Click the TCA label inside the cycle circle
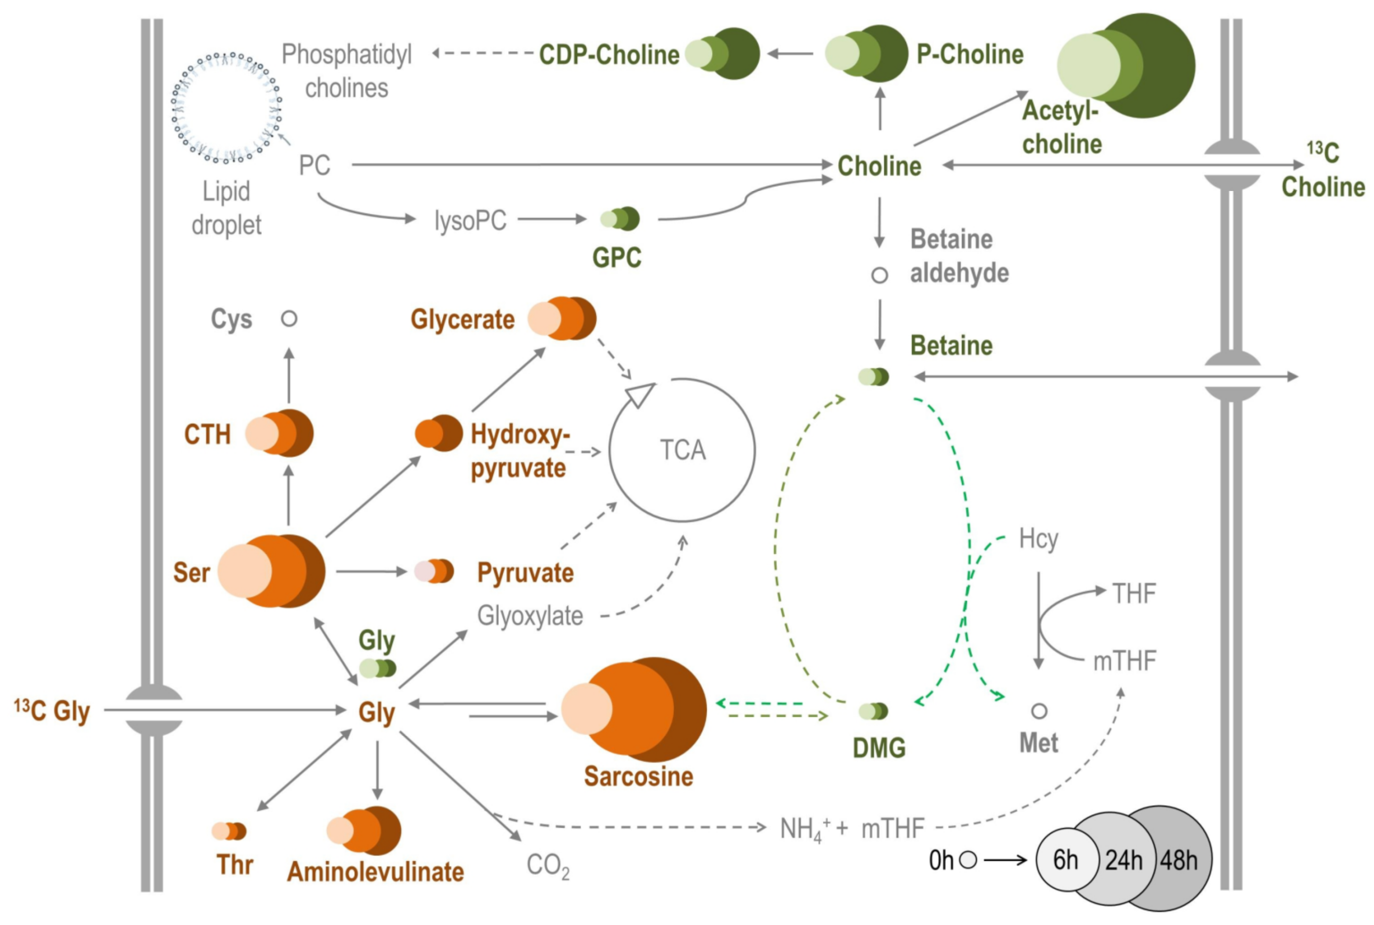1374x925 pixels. click(682, 450)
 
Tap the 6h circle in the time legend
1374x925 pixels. click(1065, 860)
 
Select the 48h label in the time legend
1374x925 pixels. click(1179, 860)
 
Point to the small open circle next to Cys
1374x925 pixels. click(288, 318)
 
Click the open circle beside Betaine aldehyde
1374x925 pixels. click(879, 275)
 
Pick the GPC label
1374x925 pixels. click(616, 258)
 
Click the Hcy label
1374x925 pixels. click(1038, 539)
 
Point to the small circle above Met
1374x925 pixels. click(1039, 711)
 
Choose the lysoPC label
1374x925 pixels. click(470, 221)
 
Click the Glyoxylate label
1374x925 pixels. click(530, 616)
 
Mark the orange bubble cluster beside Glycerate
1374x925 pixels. click(562, 318)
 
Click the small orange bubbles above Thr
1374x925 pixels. click(229, 831)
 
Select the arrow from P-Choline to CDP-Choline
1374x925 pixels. click(790, 54)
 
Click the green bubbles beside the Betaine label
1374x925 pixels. click(873, 376)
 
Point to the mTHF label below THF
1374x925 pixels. click(1124, 661)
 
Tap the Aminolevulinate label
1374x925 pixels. click(375, 872)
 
